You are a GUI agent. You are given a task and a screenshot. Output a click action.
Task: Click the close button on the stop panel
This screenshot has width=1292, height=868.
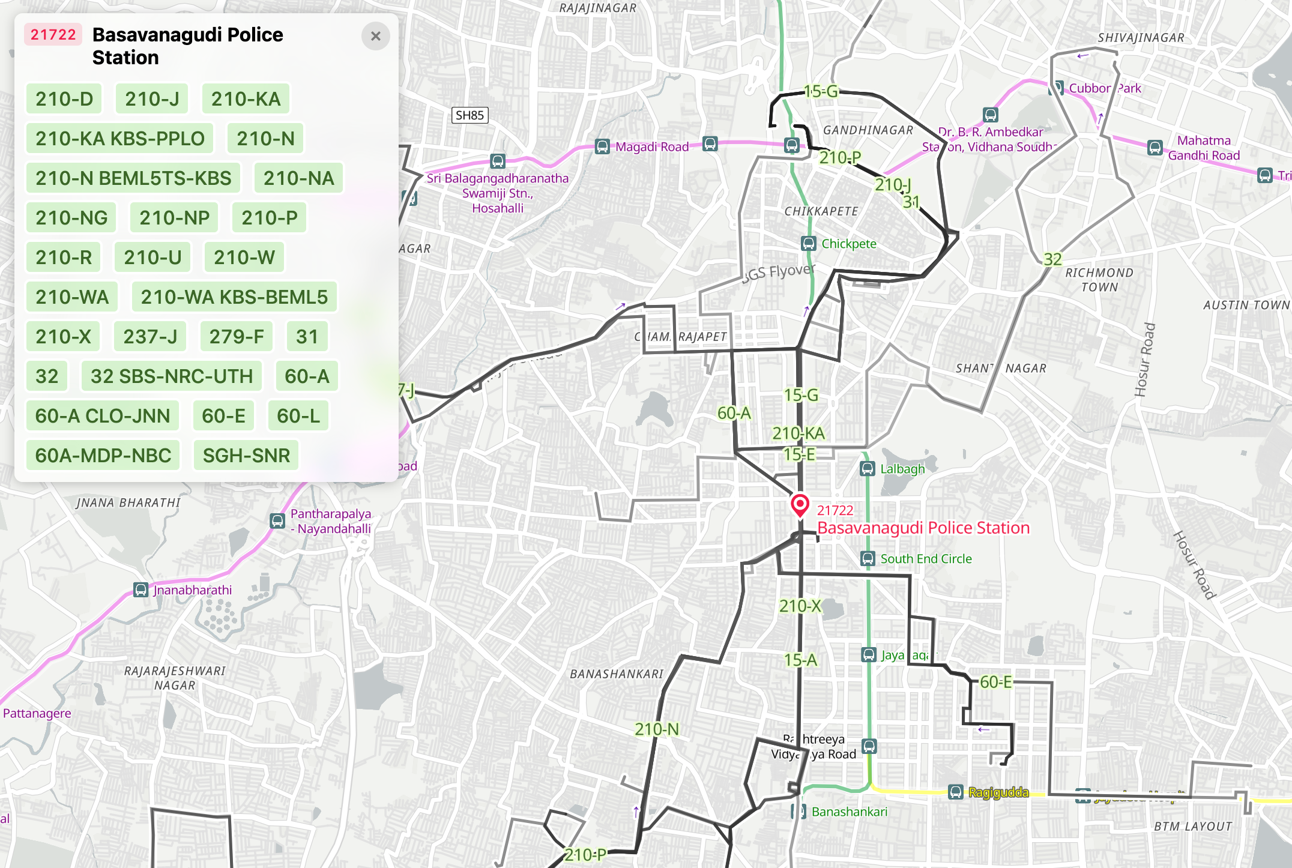click(376, 37)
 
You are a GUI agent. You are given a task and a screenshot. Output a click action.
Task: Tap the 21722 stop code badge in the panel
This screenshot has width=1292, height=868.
click(53, 35)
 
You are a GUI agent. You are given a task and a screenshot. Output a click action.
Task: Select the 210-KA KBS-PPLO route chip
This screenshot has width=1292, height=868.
click(119, 139)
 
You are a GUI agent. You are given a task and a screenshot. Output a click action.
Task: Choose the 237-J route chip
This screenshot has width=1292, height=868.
click(150, 337)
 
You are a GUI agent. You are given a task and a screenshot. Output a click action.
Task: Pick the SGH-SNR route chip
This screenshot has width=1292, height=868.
click(246, 456)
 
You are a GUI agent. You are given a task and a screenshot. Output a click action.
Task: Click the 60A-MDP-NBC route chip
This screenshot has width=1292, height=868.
click(103, 456)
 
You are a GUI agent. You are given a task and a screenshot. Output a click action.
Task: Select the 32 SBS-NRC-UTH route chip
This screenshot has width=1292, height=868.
click(172, 376)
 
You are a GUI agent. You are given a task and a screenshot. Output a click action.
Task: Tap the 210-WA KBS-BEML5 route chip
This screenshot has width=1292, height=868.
click(234, 297)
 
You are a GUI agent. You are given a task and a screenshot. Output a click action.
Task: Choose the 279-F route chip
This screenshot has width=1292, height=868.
click(237, 337)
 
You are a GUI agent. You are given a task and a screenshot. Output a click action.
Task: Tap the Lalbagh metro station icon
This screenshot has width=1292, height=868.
click(868, 469)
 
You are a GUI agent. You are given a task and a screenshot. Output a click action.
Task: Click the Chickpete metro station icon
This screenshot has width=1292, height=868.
click(809, 244)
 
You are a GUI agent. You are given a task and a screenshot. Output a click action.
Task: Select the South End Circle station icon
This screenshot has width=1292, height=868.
click(868, 559)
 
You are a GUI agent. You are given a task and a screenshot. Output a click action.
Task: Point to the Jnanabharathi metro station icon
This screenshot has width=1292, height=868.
click(140, 590)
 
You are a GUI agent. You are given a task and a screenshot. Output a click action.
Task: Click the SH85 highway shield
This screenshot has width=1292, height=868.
click(469, 115)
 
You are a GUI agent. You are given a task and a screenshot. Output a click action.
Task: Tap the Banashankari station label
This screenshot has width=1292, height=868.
click(849, 812)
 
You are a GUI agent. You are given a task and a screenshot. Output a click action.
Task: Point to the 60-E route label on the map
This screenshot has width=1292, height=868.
click(995, 683)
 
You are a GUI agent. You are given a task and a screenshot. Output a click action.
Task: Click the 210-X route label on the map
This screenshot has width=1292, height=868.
click(800, 606)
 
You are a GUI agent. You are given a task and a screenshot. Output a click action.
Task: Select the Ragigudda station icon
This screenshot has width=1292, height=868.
click(956, 792)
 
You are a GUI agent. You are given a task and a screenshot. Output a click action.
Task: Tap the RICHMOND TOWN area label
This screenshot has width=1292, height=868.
click(1099, 280)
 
